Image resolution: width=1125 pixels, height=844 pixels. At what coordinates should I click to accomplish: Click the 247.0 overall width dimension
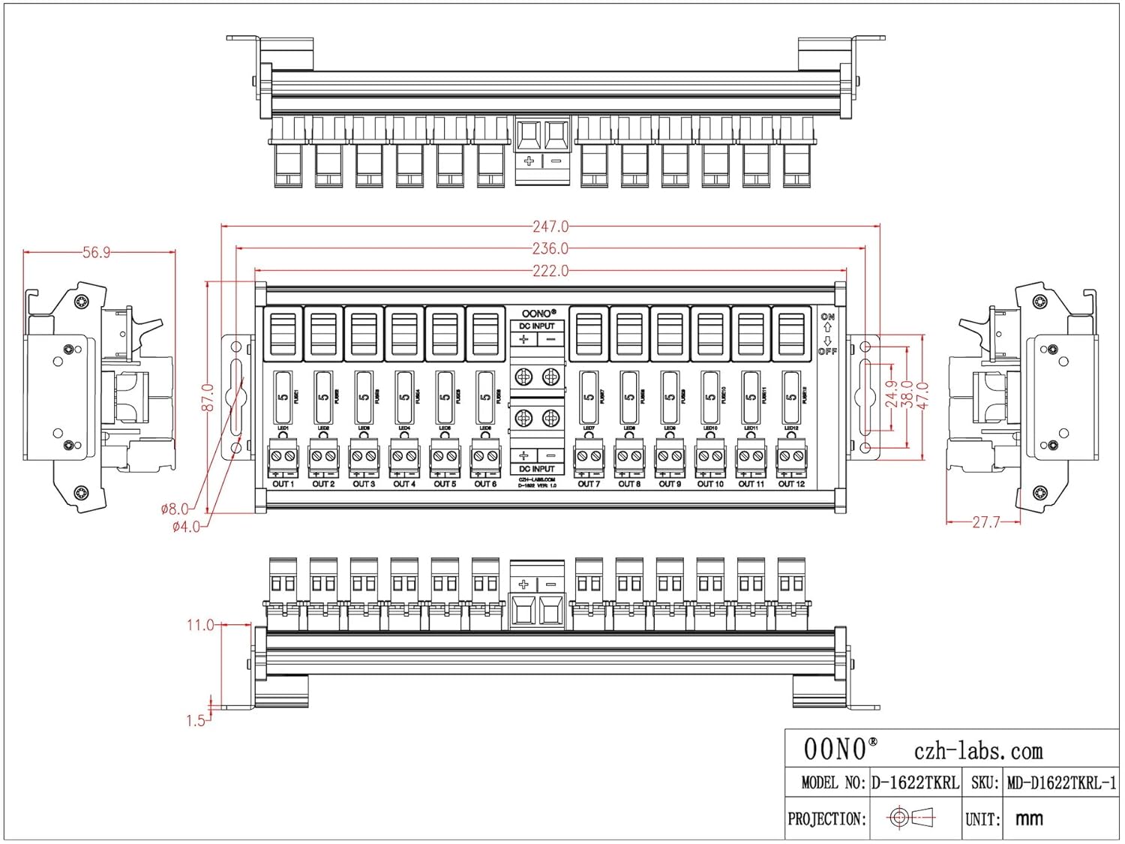tap(550, 226)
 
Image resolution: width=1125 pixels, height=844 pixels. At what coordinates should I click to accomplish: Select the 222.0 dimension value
tap(550, 271)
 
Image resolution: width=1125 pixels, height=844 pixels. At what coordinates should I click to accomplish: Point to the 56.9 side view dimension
tap(97, 253)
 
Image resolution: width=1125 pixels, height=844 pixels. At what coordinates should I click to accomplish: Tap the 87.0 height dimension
tap(208, 398)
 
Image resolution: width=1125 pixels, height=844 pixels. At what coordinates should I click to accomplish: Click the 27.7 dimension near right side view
tap(985, 522)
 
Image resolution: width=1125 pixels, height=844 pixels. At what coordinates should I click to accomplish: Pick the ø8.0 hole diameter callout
tap(174, 509)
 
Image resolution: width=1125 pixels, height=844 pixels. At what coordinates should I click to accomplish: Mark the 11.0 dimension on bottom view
tap(200, 625)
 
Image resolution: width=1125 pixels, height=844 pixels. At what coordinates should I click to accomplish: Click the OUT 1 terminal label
tap(283, 485)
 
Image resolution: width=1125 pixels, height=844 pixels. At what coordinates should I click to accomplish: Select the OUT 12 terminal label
tap(791, 485)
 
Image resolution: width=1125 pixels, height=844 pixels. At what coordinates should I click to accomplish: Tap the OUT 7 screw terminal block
tap(589, 456)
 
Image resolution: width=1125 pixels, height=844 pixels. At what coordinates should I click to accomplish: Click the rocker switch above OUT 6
tap(485, 334)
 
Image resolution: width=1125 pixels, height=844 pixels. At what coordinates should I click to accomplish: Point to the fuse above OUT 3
tap(364, 398)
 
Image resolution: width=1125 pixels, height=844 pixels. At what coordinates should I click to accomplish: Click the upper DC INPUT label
tap(537, 326)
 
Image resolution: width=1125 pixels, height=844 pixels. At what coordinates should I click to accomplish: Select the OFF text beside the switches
tap(827, 351)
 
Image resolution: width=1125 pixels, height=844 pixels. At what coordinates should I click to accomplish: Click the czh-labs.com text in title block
tap(978, 751)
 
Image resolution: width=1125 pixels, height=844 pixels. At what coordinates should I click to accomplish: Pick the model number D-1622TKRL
tap(915, 783)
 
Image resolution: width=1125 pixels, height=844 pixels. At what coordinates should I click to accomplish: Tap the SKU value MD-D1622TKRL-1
tap(1061, 783)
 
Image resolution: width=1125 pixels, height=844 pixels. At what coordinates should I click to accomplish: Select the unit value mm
tap(1029, 818)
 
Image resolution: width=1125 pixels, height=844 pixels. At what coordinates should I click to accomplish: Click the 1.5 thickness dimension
tap(195, 720)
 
